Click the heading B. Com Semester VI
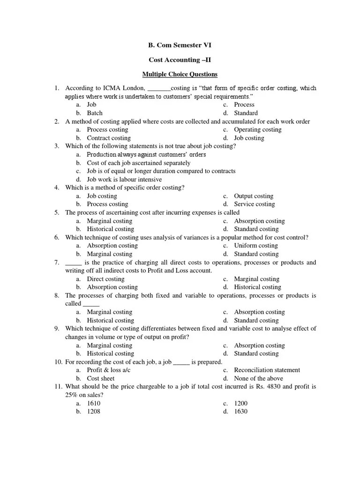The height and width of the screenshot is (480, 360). point(180,45)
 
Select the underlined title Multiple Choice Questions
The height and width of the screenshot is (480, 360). point(180,74)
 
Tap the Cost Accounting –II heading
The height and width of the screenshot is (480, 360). point(180,60)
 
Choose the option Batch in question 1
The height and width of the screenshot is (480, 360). point(95,113)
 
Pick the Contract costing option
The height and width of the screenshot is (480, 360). point(109,138)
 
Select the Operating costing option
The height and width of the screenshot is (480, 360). point(258,129)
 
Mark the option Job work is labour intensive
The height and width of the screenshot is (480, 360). point(124,179)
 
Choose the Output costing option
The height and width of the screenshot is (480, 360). point(254,196)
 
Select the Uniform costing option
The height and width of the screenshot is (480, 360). point(256,245)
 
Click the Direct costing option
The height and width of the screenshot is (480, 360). point(106,279)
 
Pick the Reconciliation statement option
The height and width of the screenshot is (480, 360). point(267,370)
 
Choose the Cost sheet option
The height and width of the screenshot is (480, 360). point(101,378)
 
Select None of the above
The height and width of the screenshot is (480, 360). point(259,378)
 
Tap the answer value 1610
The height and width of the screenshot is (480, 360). point(94,403)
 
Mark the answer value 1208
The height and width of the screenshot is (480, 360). point(94,412)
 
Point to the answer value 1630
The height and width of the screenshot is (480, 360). point(241,412)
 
